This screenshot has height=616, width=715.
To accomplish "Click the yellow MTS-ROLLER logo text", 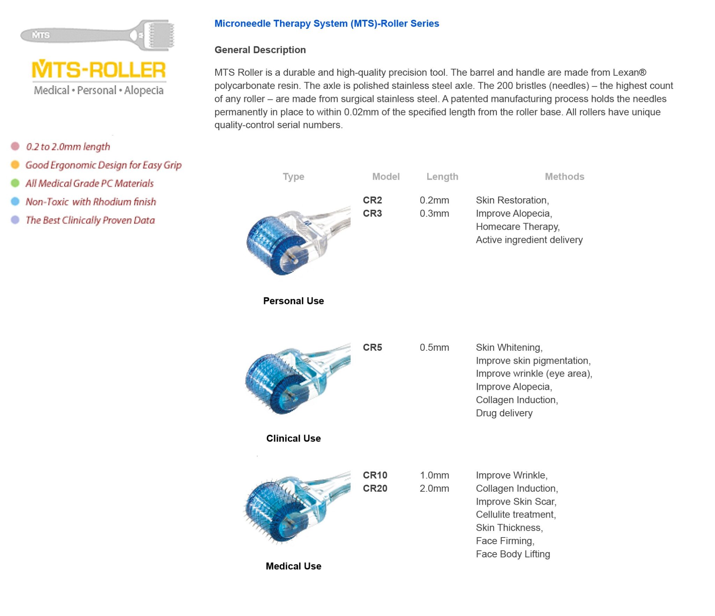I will pos(98,69).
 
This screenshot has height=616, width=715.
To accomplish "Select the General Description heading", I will pos(260,50).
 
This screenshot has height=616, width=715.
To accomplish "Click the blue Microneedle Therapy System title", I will pos(326,23).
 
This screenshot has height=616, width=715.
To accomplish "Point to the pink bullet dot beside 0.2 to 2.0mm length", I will pos(15,146).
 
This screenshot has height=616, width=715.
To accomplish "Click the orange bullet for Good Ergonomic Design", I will pos(15,165).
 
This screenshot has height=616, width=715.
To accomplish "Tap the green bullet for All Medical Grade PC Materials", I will pos(15,183).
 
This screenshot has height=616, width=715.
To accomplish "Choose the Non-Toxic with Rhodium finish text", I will pos(91,202).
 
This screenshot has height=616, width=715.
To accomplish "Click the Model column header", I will pos(385,177).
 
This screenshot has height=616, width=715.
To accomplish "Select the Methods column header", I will pos(564,177).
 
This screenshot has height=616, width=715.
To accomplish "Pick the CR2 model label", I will pos(372,200).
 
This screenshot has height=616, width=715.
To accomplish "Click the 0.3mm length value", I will pos(434,214).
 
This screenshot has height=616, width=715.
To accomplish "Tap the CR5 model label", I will pos(372,348).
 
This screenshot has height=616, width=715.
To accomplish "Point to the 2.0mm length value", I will pos(434,488).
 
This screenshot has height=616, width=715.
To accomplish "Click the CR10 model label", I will pos(375,475).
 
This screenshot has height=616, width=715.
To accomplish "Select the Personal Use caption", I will pos(293,301).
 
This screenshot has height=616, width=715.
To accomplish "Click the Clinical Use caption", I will pos(293,438).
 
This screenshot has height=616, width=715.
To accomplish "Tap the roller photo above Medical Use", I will pos(297,508).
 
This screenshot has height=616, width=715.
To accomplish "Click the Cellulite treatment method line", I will pos(516,514).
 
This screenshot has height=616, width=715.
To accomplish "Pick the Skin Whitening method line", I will pos(509,348).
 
